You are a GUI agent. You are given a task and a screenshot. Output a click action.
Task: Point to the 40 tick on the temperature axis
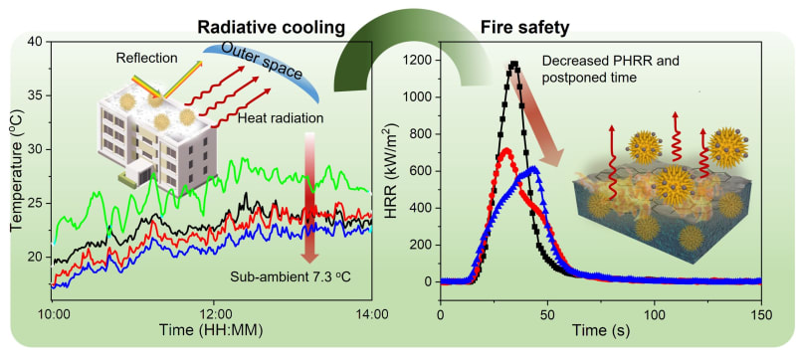point(35,42)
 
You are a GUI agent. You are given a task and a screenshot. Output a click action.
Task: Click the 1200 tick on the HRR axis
point(416,62)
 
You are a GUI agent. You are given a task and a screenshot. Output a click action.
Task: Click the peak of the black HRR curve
point(513,65)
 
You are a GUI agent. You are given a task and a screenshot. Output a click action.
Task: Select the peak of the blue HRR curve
point(533,169)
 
